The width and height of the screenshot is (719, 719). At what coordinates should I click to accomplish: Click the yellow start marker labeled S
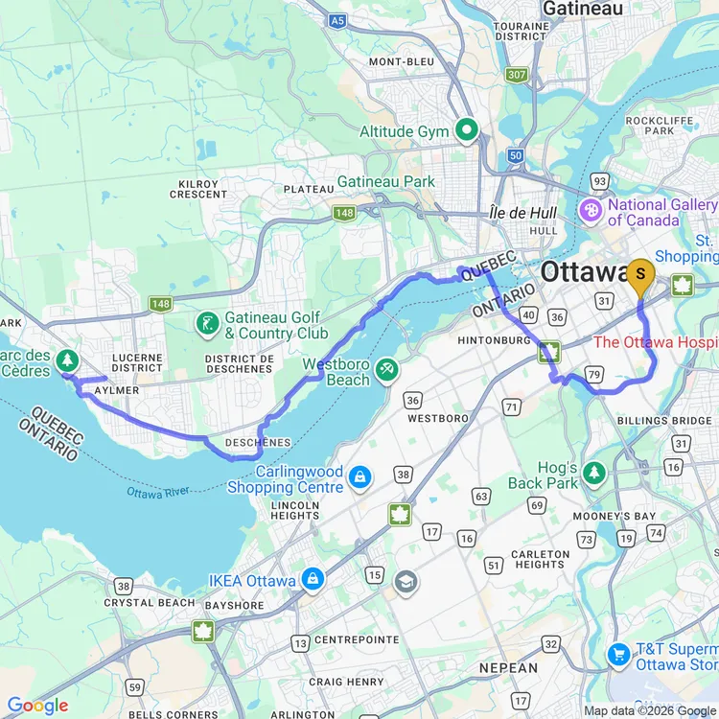pyautogui.click(x=640, y=274)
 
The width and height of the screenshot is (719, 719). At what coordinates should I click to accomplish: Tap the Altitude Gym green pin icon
pyautogui.click(x=467, y=131)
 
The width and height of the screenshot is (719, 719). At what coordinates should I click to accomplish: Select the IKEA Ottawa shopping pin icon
pyautogui.click(x=313, y=580)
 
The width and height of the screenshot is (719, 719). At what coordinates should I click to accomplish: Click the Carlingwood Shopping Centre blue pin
pyautogui.click(x=359, y=476)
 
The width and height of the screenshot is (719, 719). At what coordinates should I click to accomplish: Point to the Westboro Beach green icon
pyautogui.click(x=386, y=368)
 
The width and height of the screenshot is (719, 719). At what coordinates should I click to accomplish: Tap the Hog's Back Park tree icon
pyautogui.click(x=594, y=472)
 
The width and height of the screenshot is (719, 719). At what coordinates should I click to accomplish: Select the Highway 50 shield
pyautogui.click(x=516, y=155)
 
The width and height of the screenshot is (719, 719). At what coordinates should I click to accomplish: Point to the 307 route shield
pyautogui.click(x=518, y=75)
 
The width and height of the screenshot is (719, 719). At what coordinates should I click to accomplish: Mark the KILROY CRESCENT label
pyautogui.click(x=198, y=188)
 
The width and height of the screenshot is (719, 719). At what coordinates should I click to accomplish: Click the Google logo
pyautogui.click(x=38, y=706)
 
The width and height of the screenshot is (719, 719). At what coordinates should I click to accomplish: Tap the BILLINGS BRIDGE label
pyautogui.click(x=664, y=420)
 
